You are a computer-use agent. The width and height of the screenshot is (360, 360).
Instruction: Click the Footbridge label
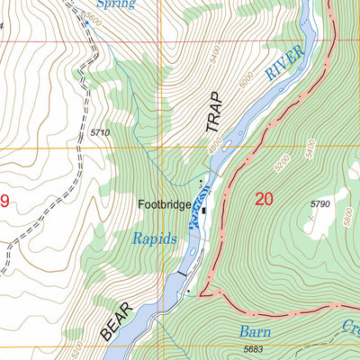(164, 205)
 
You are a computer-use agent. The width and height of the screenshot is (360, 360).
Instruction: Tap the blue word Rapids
(155, 239)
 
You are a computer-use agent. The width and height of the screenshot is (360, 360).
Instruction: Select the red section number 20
(263, 200)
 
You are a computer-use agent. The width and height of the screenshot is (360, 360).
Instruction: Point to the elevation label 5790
(321, 205)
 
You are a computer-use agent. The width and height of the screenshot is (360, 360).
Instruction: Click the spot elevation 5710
(99, 133)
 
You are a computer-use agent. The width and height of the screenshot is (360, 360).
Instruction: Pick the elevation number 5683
(256, 349)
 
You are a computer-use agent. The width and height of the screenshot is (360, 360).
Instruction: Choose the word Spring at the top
(114, 4)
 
